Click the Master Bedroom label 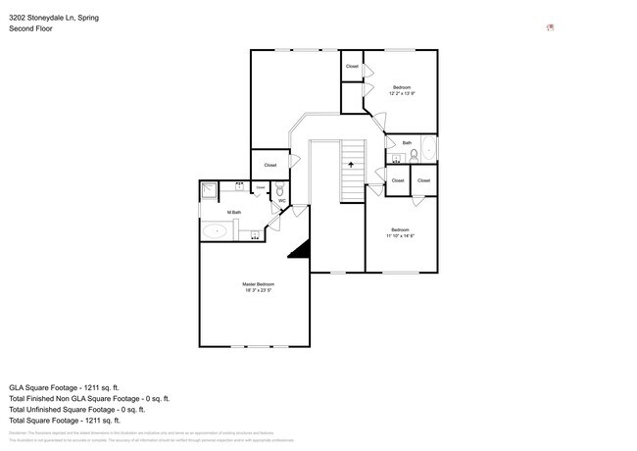click(259, 284)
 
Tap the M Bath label click(234, 213)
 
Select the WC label click(281, 201)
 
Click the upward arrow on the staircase click(350, 166)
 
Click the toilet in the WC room click(279, 190)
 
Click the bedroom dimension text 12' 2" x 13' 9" click(402, 94)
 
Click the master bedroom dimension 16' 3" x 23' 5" click(259, 291)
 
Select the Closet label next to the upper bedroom click(352, 67)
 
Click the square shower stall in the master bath click(210, 191)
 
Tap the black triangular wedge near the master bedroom click(300, 249)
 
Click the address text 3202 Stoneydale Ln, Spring click(54, 18)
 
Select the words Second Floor click(31, 28)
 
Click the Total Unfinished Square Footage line click(76, 410)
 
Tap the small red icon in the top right click(550, 27)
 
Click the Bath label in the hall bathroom click(407, 143)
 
